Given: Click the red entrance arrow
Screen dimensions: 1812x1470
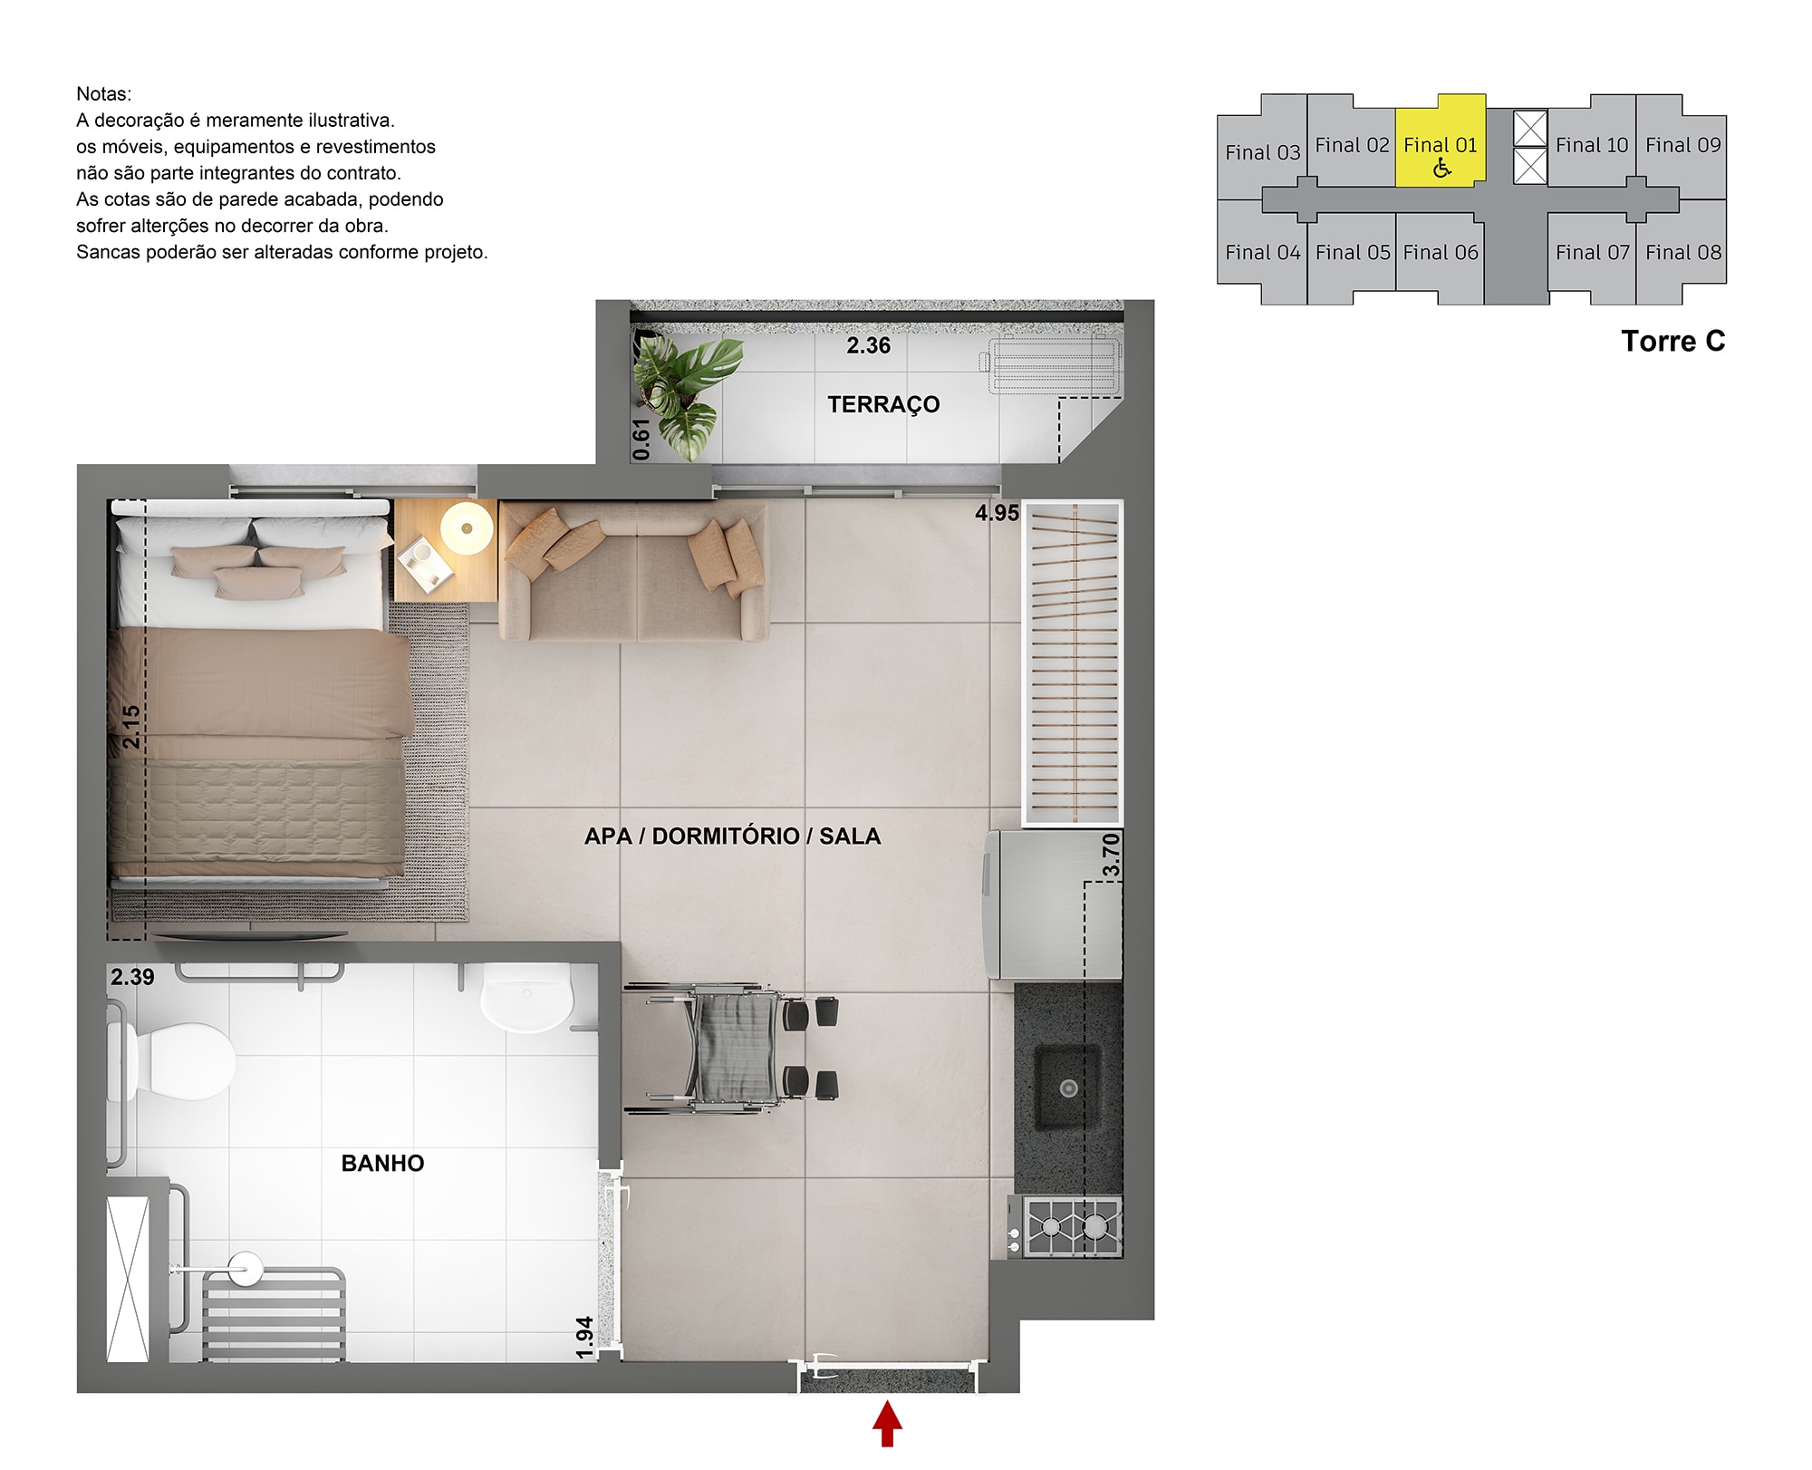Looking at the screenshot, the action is click(887, 1423).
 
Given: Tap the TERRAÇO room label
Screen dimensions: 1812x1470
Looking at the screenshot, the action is click(883, 404).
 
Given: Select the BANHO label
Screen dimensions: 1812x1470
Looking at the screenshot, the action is click(382, 1164).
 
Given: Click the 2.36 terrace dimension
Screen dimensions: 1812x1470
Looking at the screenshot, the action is click(868, 345).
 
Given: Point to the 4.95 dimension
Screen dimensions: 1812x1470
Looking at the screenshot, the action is click(997, 513).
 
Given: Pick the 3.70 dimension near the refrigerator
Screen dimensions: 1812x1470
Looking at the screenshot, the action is click(1111, 856).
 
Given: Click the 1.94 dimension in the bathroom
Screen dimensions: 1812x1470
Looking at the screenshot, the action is click(584, 1338).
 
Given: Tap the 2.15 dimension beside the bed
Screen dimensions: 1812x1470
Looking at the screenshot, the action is click(131, 727).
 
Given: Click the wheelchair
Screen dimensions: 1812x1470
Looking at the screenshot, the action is click(730, 1049).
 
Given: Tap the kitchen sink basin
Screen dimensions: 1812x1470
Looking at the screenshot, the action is click(1068, 1088).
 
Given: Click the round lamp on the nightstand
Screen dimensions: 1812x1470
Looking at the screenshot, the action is click(467, 527).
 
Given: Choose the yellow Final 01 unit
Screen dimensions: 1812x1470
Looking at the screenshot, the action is click(1440, 141).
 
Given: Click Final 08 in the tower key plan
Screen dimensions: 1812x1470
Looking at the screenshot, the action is click(1683, 253).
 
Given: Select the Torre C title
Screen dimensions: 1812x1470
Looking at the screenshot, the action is click(1672, 342).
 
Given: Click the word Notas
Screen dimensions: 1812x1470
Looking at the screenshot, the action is click(103, 94).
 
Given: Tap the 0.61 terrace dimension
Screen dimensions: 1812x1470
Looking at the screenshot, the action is click(641, 440).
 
